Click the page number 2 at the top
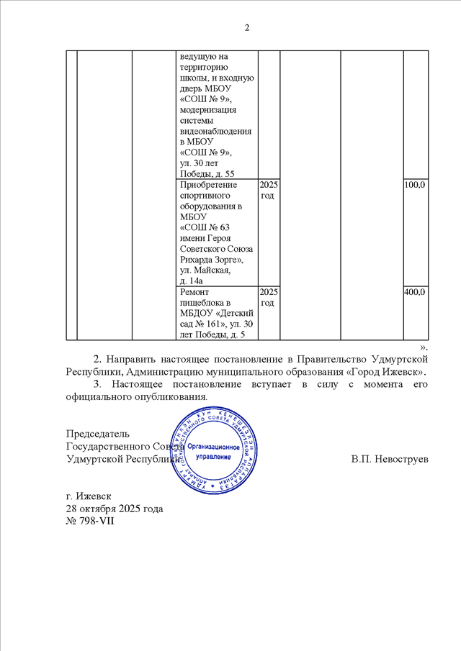pyautogui.click(x=246, y=28)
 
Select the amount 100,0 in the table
pyautogui.click(x=415, y=186)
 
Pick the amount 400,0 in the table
pyautogui.click(x=415, y=293)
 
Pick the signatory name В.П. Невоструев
pyautogui.click(x=390, y=458)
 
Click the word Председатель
pyautogui.click(x=98, y=434)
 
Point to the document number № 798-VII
pyautogui.click(x=90, y=521)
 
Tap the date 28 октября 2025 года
pyautogui.click(x=115, y=509)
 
